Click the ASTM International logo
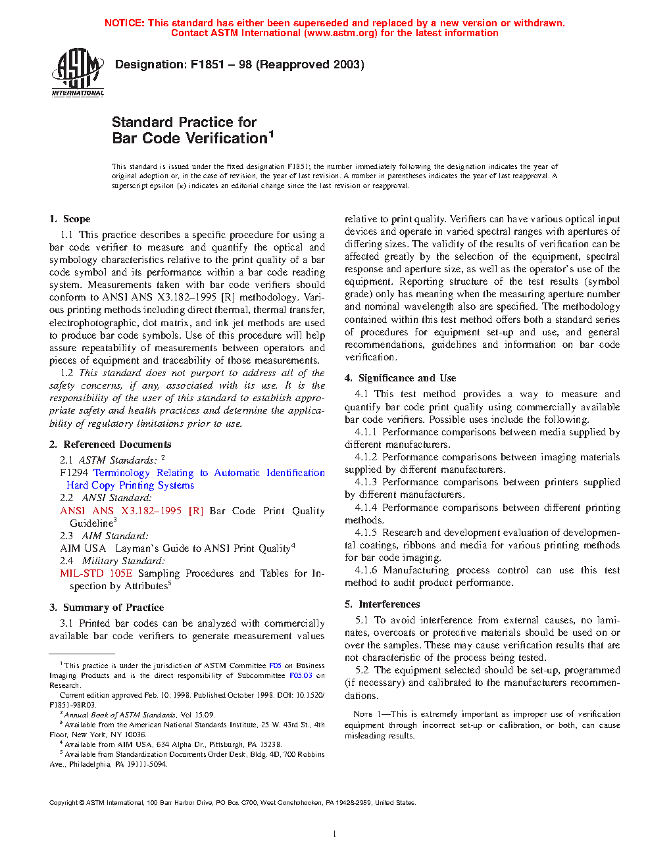pos(78,72)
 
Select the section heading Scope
pos(76,219)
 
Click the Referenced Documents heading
pos(117,445)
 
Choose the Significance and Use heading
pos(407,378)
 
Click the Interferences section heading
pos(389,604)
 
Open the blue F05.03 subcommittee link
pos(301,675)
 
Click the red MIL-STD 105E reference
pos(96,573)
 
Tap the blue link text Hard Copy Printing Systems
pos(130,485)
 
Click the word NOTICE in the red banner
pos(124,23)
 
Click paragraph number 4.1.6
pos(366,570)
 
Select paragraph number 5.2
pos(362,670)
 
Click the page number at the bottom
pos(335,834)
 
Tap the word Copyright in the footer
pos(64,802)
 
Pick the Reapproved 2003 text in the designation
pos(310,64)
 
